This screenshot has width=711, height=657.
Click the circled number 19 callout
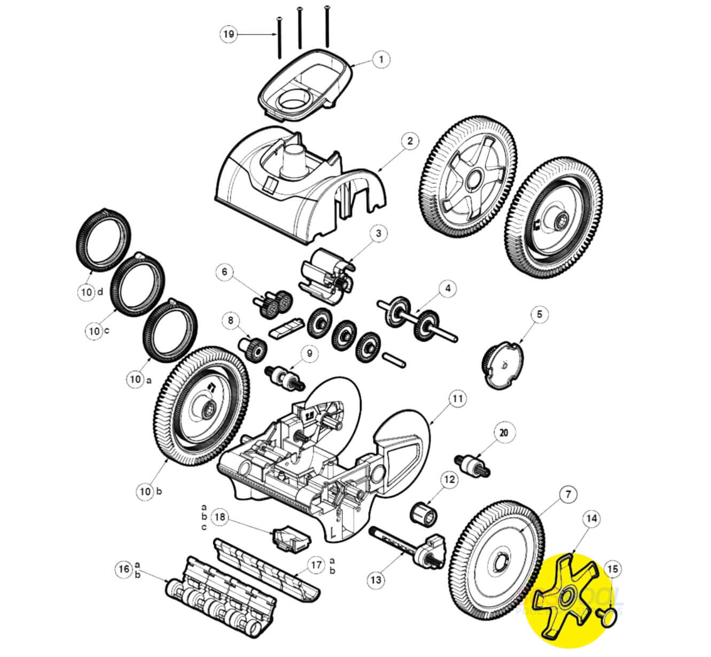click(x=229, y=34)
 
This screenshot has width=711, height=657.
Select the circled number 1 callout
click(x=381, y=59)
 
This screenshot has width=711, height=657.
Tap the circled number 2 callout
click(x=410, y=142)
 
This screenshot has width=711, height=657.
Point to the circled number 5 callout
click(x=539, y=314)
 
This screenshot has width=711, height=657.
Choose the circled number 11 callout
click(x=457, y=399)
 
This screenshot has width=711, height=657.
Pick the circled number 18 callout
click(x=221, y=517)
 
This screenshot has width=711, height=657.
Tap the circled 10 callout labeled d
click(x=87, y=292)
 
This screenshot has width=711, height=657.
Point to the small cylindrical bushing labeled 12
click(x=424, y=513)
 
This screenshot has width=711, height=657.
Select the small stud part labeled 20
click(x=470, y=462)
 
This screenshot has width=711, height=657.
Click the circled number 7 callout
click(x=568, y=496)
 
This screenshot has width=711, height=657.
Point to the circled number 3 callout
click(x=378, y=234)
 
